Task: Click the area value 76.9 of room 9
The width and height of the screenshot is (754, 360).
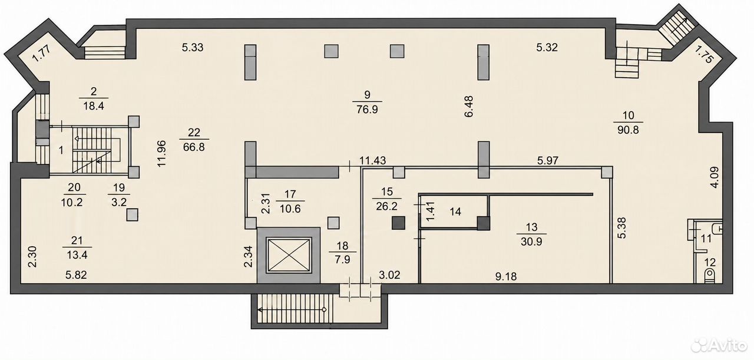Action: pyautogui.click(x=367, y=110)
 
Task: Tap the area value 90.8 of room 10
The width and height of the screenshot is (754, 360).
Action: pyautogui.click(x=628, y=130)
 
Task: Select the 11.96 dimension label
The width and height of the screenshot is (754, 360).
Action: pyautogui.click(x=161, y=153)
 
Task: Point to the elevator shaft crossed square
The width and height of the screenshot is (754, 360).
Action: pyautogui.click(x=289, y=255)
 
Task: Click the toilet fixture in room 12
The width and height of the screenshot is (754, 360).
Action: pyautogui.click(x=710, y=275)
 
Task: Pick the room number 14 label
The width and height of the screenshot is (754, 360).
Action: pyautogui.click(x=455, y=212)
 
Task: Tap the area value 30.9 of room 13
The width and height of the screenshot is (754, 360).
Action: pyautogui.click(x=531, y=242)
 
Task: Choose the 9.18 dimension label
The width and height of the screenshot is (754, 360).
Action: pyautogui.click(x=506, y=276)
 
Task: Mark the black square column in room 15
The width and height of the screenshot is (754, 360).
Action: pyautogui.click(x=398, y=223)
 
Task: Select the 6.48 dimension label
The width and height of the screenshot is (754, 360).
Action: pyautogui.click(x=469, y=107)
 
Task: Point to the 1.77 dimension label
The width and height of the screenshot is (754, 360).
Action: pyautogui.click(x=42, y=54)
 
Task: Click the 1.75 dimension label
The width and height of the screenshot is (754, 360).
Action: pyautogui.click(x=704, y=54)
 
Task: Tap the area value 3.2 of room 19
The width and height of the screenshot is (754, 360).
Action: pyautogui.click(x=119, y=202)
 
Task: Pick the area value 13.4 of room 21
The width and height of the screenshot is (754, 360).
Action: pyautogui.click(x=77, y=255)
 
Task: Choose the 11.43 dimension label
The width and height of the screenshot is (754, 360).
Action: pyautogui.click(x=373, y=160)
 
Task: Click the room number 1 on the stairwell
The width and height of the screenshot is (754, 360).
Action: pyautogui.click(x=61, y=150)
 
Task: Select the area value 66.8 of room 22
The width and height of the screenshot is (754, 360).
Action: pyautogui.click(x=194, y=147)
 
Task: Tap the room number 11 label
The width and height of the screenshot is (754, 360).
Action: pyautogui.click(x=706, y=239)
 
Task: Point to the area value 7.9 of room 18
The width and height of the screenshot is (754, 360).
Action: pyautogui.click(x=342, y=260)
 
